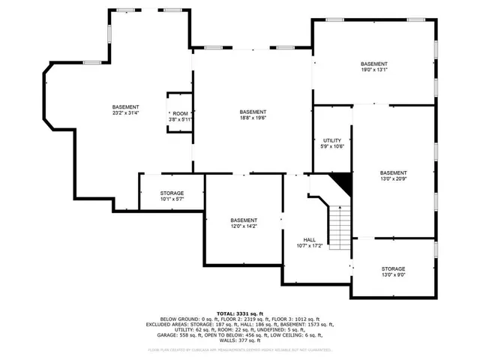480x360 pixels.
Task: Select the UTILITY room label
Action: point(332,140)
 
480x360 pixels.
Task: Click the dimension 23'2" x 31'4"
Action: point(125,113)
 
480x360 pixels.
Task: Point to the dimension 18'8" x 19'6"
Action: point(253,118)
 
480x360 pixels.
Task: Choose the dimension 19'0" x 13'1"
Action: point(373,70)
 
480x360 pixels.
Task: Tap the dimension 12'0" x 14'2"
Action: point(244,226)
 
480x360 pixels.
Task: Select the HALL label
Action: point(309,238)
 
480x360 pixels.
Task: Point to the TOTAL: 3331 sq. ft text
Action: point(241,313)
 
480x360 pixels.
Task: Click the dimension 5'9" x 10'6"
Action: point(332,146)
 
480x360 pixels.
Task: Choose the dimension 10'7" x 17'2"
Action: point(309,245)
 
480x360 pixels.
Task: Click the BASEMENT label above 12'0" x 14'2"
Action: point(244,220)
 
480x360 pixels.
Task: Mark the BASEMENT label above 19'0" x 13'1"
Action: point(373,64)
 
